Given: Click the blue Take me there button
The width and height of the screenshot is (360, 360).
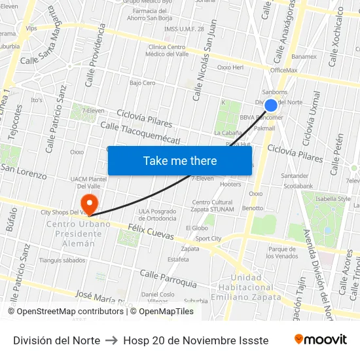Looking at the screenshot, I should tap(180, 160).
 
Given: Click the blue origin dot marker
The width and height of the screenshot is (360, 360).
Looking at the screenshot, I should tap(270, 105).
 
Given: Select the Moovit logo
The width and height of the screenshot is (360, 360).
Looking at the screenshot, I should tap(320, 340).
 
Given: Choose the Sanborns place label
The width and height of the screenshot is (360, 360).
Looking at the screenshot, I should tap(274, 92).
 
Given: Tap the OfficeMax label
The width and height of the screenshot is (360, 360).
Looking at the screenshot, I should tap(283, 70).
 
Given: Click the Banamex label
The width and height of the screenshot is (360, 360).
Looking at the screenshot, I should tap(304, 56).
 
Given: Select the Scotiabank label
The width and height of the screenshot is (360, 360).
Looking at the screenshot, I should tap(298, 186).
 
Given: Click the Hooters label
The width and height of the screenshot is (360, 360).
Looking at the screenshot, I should tap(230, 185).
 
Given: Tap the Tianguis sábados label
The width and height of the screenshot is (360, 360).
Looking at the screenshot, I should tap(62, 260).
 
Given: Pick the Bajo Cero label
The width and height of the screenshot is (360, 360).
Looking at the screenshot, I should tap(142, 83).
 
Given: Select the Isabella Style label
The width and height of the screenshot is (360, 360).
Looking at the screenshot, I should tap(333, 198).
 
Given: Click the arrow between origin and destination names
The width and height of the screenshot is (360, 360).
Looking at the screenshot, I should tap(111, 340).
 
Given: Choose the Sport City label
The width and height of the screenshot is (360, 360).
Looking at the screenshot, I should tap(208, 239).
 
